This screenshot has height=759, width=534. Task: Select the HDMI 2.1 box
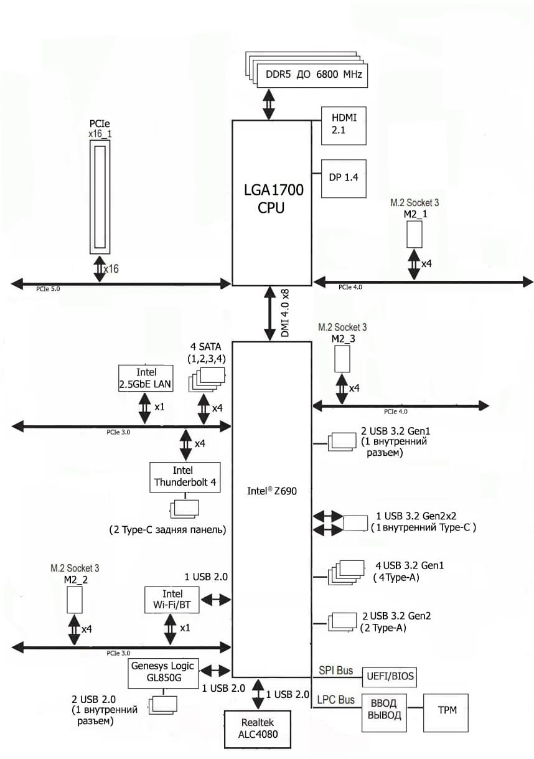tap(343, 125)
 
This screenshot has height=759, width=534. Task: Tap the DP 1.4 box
tap(343, 177)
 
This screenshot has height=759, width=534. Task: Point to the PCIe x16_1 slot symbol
tap(100, 196)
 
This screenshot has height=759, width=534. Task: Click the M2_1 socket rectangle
tap(415, 233)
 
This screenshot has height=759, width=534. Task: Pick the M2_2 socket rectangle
tap(75, 598)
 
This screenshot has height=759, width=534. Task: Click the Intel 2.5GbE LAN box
tap(145, 378)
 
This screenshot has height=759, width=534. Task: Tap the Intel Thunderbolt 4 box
tap(185, 477)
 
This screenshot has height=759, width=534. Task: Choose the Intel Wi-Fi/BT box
tap(172, 599)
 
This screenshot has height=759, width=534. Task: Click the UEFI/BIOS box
tap(389, 676)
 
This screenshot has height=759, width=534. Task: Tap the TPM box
tap(446, 709)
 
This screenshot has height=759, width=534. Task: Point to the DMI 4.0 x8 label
tap(286, 313)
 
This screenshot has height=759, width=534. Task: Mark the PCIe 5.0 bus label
tap(49, 289)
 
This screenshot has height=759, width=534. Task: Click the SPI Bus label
tap(336, 671)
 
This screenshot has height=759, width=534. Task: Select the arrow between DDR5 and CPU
tap(269, 104)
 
